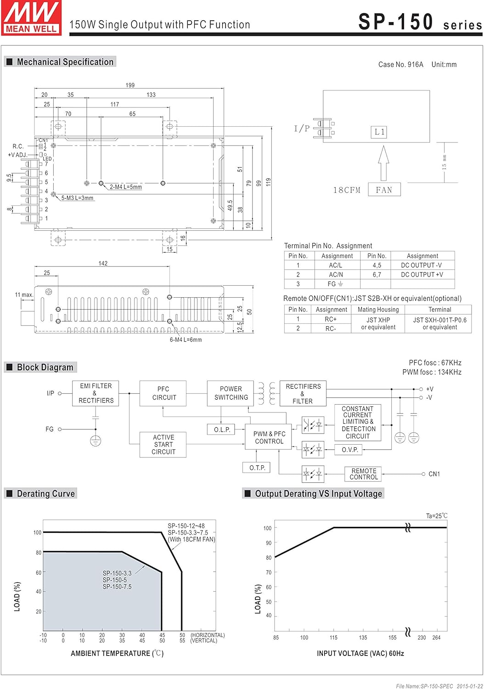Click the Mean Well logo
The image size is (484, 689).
(x=31, y=17)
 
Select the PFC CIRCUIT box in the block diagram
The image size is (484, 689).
(x=163, y=393)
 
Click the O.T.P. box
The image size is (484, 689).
(x=256, y=468)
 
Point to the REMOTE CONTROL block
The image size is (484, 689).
(x=363, y=474)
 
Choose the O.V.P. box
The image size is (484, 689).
(x=349, y=450)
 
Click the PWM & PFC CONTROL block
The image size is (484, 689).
(x=268, y=437)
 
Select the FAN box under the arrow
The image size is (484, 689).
(x=384, y=190)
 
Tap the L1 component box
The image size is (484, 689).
(x=379, y=132)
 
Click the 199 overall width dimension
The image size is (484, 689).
(x=130, y=85)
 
